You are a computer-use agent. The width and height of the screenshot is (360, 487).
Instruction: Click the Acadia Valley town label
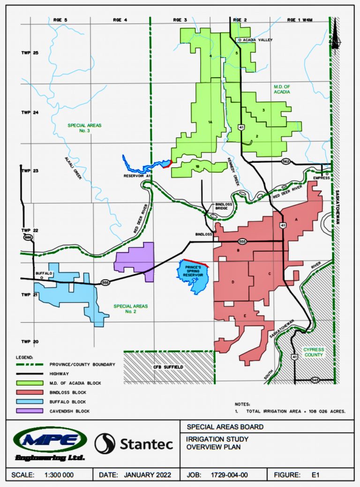[257, 40]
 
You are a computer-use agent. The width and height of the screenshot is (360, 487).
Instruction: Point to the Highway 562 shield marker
[285, 161]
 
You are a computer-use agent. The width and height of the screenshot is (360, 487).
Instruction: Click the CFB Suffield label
[168, 367]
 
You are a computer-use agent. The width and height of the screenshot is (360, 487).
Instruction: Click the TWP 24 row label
[29, 113]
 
